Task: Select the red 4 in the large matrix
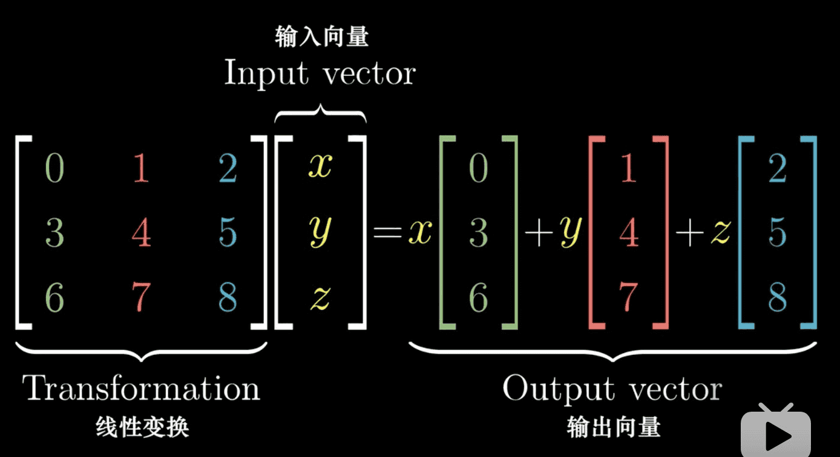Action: pos(141,233)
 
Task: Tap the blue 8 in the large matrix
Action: pos(228,298)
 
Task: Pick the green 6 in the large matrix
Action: pos(54,298)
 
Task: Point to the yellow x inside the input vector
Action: pos(320,167)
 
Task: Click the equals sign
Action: pos(387,233)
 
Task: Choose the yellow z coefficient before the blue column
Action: pos(720,233)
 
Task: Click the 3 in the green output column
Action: pos(479,233)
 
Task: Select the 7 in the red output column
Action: pos(629,298)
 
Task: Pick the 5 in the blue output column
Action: pos(778,233)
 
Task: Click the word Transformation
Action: pos(142,389)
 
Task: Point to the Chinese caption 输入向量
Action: pos(321,37)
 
